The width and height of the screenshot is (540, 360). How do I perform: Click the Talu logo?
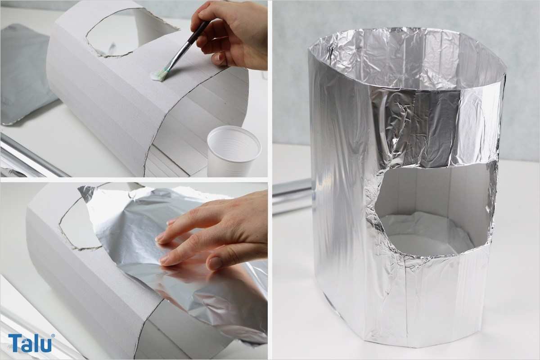[x=30, y=343]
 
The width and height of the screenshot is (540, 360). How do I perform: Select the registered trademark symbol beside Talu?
[x=53, y=336]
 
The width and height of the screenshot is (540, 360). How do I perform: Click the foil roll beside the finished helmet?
[x=292, y=196]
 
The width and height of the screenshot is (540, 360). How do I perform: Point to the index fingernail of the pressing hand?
[x=160, y=238]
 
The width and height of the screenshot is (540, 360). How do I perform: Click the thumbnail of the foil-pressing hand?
[x=213, y=263]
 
